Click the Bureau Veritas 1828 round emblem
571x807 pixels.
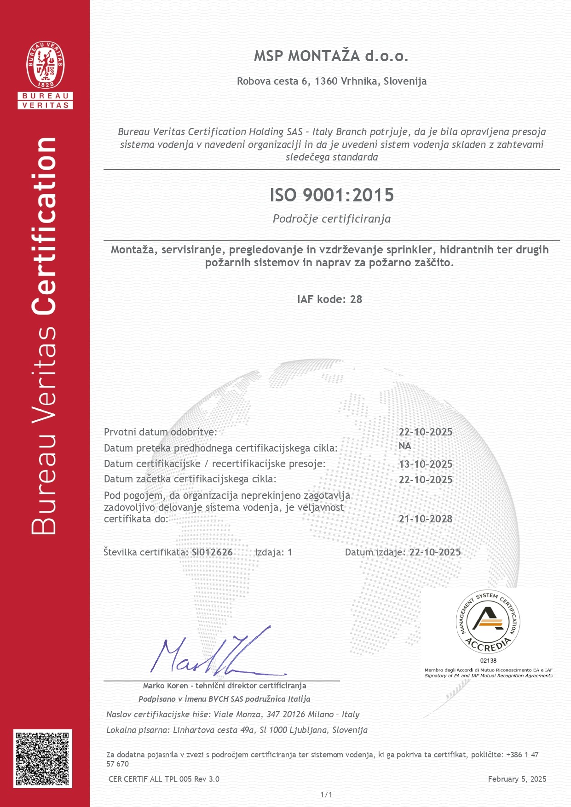tap(46, 65)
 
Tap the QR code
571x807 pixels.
tap(43, 758)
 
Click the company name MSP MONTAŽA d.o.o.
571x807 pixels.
tap(331, 56)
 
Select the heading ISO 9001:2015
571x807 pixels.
tap(331, 195)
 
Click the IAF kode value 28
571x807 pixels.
tap(356, 299)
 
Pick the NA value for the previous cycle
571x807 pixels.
tap(405, 446)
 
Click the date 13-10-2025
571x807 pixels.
tap(425, 464)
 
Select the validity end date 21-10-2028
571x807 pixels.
tap(425, 519)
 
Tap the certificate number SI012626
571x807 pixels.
tap(212, 552)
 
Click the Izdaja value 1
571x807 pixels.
tap(290, 552)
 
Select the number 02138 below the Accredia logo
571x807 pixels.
tap(488, 660)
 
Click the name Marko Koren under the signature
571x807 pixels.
tap(165, 686)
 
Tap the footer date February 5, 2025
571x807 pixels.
tap(517, 779)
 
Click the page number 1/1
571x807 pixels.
tap(326, 795)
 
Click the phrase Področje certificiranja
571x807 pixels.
tap(331, 219)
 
